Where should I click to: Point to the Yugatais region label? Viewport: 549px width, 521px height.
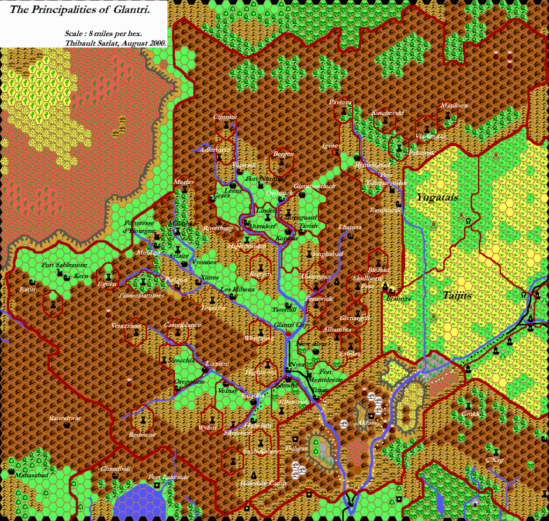point(437,198)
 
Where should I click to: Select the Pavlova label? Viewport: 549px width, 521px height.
point(340,102)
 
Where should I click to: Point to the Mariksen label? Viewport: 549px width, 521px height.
point(454,105)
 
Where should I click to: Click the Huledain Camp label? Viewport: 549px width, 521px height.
point(263,483)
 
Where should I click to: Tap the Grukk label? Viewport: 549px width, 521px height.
point(470,414)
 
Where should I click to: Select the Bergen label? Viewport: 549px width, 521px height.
point(284,154)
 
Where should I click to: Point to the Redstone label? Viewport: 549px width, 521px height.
point(143,435)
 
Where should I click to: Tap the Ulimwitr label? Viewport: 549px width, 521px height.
point(225,116)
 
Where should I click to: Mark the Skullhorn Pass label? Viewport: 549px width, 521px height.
point(367,282)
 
